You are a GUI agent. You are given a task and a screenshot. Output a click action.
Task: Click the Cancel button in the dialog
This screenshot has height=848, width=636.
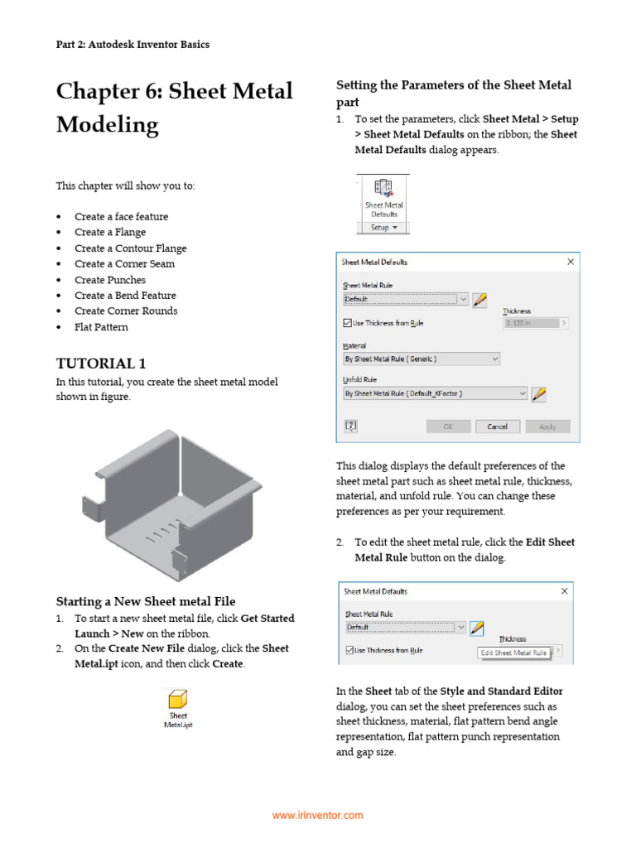pos(497,426)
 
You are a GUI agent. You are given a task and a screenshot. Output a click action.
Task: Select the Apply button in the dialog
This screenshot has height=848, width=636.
pos(547,426)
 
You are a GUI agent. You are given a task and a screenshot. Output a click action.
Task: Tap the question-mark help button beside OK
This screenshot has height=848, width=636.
pos(351,426)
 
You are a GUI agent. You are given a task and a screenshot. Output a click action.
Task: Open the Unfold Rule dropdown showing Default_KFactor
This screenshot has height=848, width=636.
pos(435,394)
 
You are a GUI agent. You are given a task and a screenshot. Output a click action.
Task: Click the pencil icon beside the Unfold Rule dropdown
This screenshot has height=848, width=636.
pos(539,394)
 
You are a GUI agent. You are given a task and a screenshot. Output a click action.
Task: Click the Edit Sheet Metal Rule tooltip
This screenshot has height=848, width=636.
pos(514,653)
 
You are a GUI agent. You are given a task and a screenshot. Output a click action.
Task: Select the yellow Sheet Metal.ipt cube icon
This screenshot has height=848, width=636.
pos(177,698)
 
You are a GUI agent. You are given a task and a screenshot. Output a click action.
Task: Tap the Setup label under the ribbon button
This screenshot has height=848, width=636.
pos(383,227)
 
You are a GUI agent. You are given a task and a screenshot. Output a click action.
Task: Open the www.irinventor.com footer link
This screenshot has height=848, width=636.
pos(318,816)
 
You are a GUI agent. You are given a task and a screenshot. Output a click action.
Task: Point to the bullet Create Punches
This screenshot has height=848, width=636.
pos(109,280)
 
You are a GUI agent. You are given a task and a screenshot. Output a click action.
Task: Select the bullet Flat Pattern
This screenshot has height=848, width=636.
pos(101,327)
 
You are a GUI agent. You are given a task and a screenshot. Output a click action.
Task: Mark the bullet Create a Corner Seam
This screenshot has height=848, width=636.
pos(124,264)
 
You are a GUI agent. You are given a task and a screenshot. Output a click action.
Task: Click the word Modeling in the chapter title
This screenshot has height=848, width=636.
pos(107,125)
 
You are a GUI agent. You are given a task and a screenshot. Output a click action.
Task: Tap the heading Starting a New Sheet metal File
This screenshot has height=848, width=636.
pos(146,601)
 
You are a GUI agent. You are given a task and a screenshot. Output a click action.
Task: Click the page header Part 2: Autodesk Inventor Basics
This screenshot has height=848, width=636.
pos(132,45)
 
